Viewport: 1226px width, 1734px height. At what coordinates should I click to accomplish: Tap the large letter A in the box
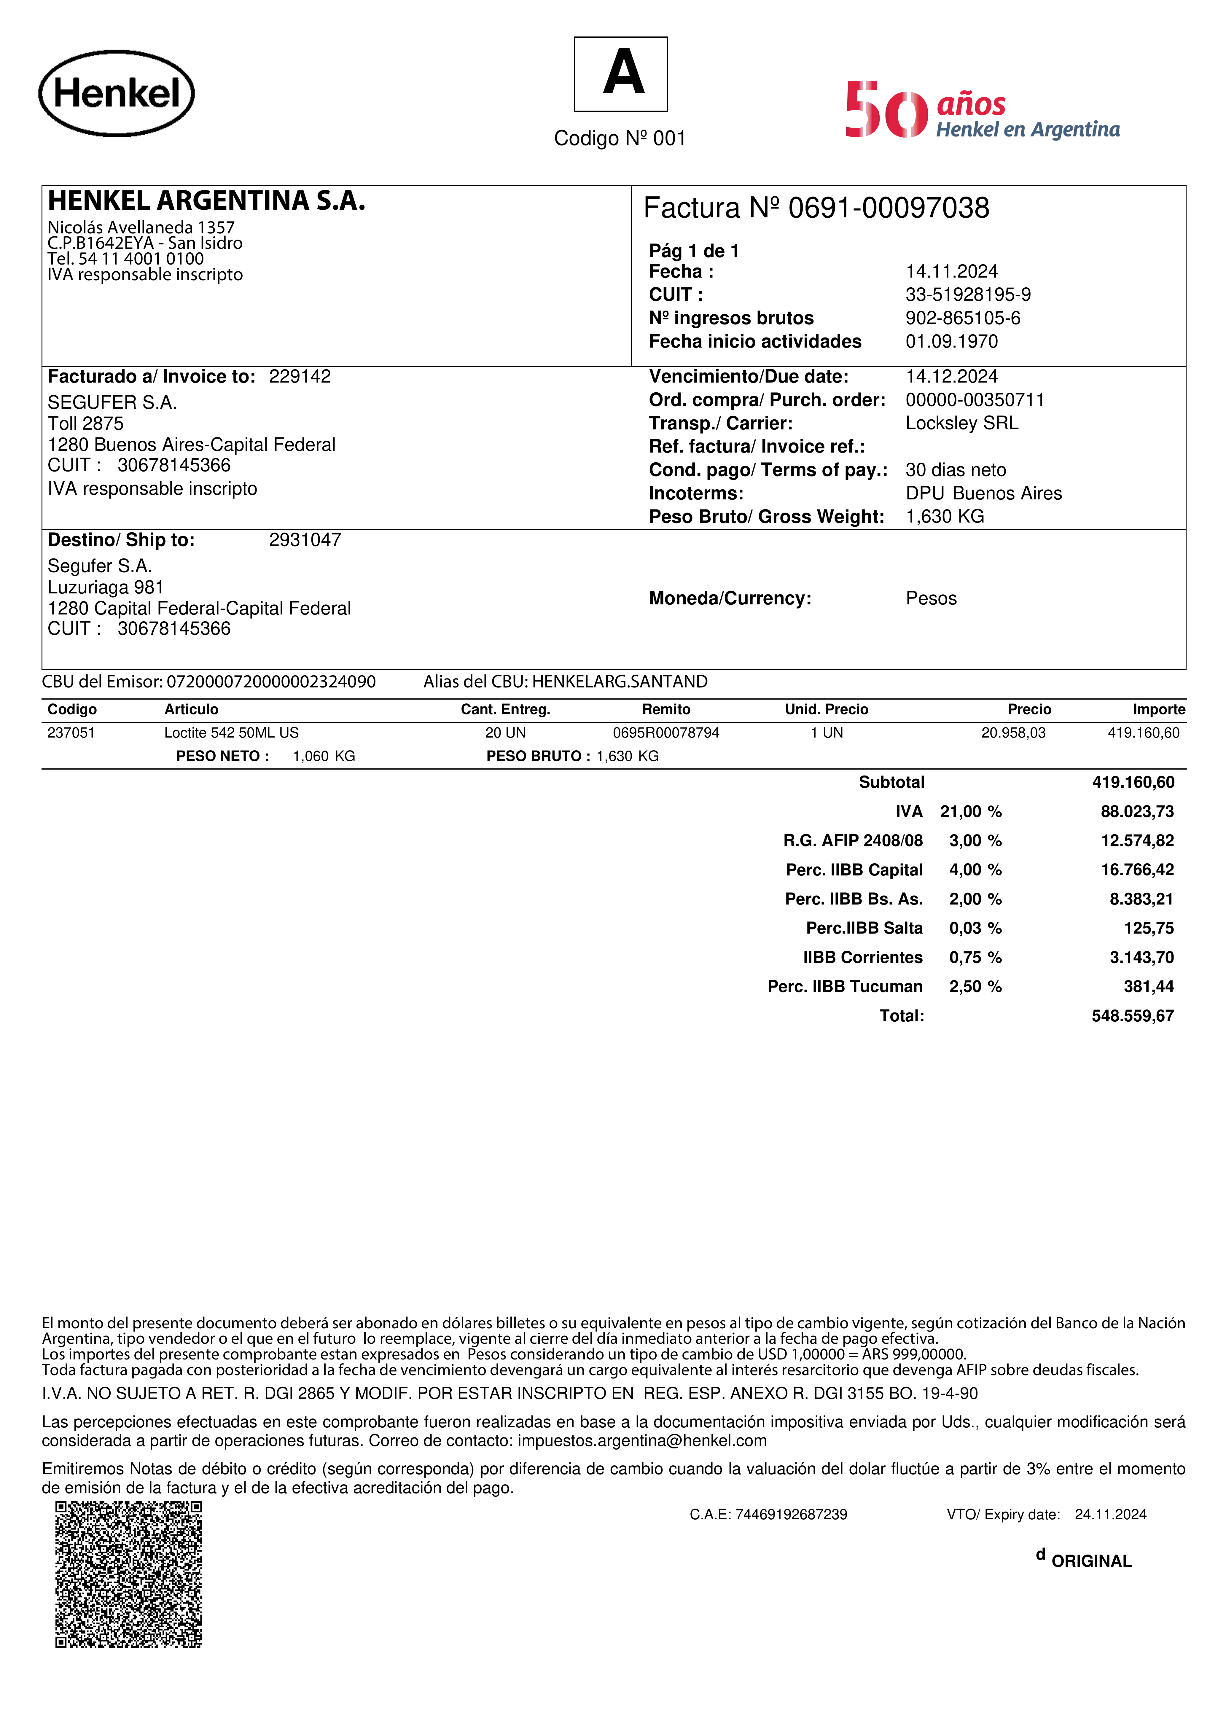click(x=623, y=73)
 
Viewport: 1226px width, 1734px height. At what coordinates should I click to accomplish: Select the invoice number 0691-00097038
click(x=888, y=208)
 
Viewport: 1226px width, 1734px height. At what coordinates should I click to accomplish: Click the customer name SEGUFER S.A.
click(x=112, y=402)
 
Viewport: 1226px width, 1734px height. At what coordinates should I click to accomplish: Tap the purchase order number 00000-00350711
click(x=975, y=400)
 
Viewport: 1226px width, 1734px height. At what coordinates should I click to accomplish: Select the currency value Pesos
click(x=931, y=599)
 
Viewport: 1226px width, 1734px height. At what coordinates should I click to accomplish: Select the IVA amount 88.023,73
click(x=1137, y=812)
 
